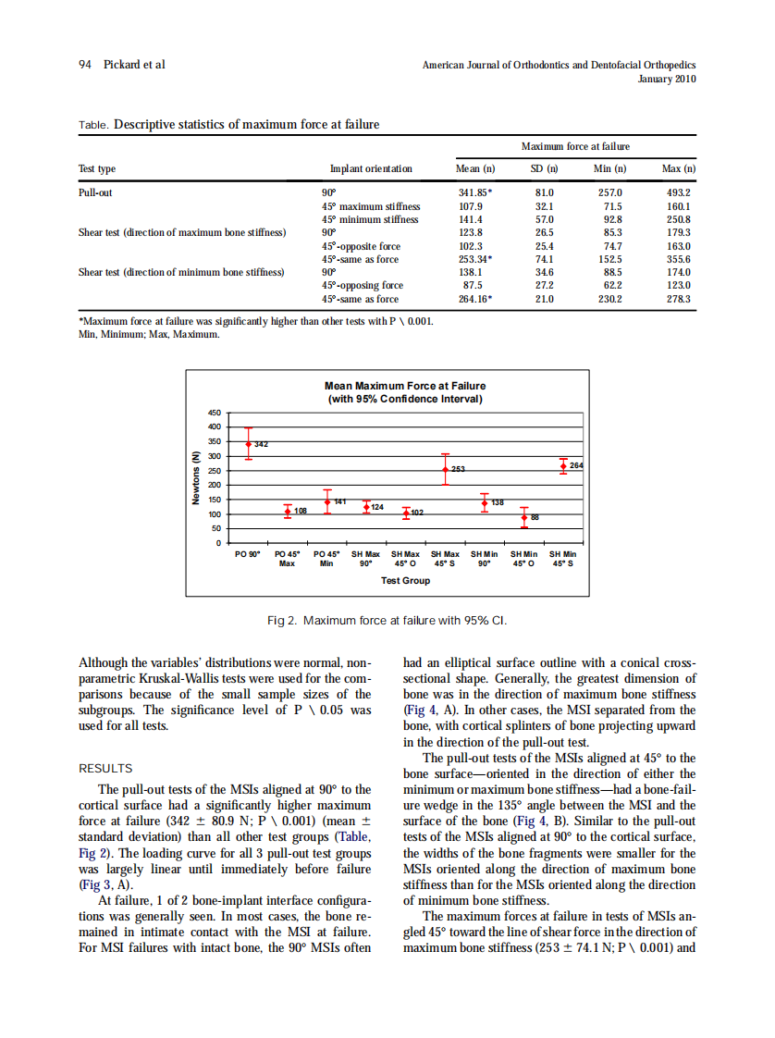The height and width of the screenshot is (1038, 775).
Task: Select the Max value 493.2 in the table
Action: pos(679,192)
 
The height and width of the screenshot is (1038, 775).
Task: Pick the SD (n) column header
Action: pos(543,168)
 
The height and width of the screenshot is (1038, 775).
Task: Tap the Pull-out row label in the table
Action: pos(95,192)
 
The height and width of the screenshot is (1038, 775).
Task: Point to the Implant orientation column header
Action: pos(371,168)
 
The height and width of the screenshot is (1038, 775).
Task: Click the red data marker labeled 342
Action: pos(248,444)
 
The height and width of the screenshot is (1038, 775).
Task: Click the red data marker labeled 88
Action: pos(523,517)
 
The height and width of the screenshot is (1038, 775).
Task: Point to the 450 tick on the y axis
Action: pos(214,413)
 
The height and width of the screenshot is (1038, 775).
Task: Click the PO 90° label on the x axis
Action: pos(248,554)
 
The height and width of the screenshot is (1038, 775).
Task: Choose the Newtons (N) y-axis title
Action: pos(196,477)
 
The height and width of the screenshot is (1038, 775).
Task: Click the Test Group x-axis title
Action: pos(405,580)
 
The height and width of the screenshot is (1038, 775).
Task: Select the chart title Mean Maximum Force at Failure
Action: pos(405,386)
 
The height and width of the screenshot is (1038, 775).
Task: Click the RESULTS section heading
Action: pos(105,768)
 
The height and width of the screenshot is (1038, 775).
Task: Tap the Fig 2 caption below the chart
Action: pos(387,619)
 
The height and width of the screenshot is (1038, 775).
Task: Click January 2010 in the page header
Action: pos(667,79)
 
